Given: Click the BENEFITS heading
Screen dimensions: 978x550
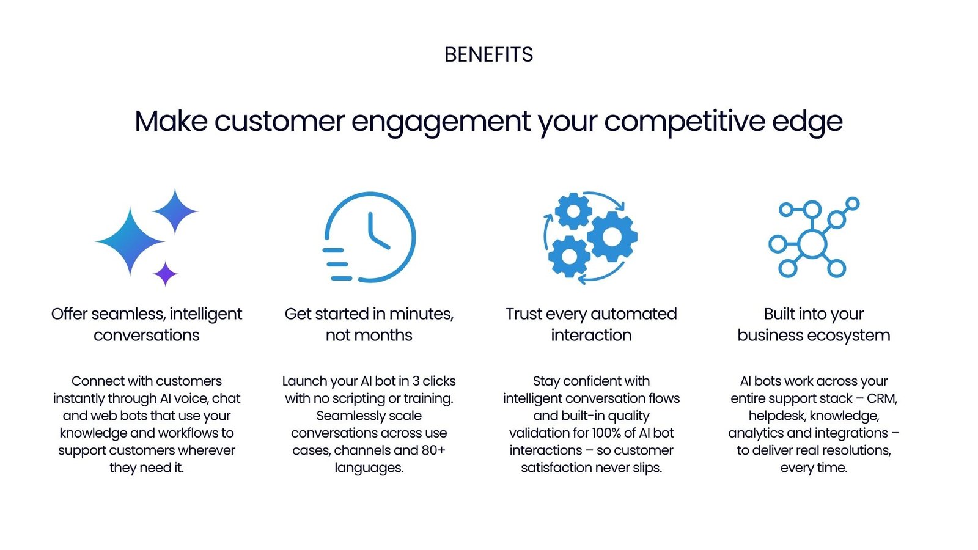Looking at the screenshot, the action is coord(488,55).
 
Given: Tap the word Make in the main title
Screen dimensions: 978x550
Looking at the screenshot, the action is coord(171,121).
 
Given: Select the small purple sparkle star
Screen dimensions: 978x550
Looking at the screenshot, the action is coord(165,274).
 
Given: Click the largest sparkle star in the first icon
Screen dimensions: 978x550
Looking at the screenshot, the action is coord(130,241).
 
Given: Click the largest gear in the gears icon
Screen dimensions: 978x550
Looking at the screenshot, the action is coord(612,237).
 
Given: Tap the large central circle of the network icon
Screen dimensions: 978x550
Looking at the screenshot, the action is coord(812,244).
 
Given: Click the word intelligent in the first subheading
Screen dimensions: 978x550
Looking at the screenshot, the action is coord(205,314).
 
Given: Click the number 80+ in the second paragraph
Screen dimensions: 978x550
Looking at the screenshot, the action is coord(433,450).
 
